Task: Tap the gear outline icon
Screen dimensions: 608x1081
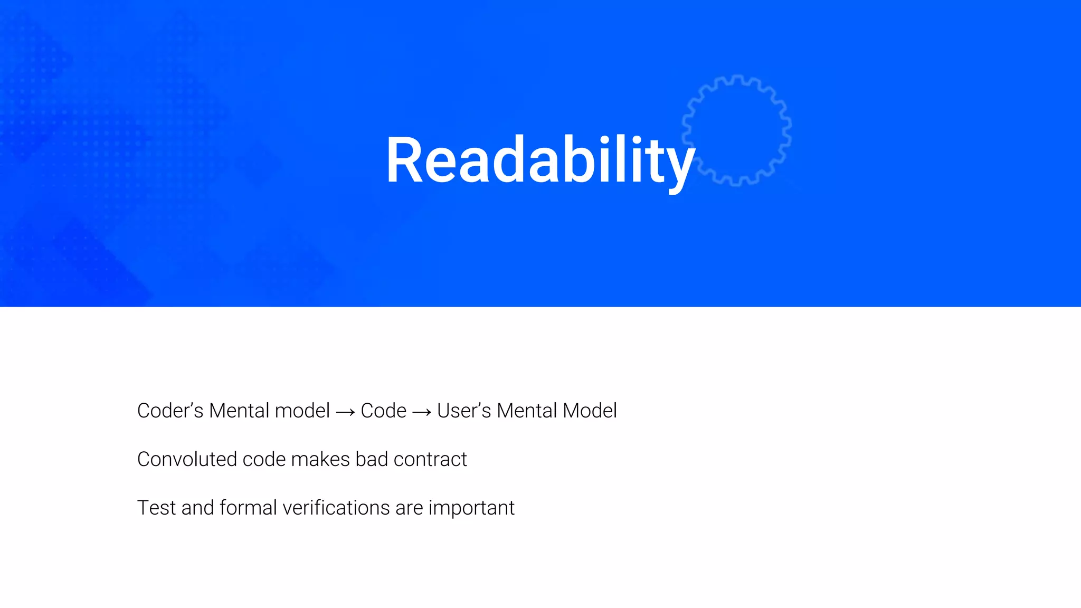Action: coord(736,130)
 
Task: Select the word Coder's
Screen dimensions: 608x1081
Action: coord(170,411)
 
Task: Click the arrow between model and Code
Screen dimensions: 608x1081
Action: coord(345,412)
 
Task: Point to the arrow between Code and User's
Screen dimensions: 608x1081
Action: coord(422,412)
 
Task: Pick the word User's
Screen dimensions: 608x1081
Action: coord(464,411)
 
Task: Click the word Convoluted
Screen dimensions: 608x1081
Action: coord(187,459)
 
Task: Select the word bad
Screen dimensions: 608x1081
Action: coord(372,459)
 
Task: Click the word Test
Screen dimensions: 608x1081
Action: coord(156,508)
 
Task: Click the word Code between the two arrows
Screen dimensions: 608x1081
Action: coord(384,411)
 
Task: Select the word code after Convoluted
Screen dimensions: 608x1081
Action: coord(264,459)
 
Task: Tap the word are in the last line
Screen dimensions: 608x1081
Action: coord(409,508)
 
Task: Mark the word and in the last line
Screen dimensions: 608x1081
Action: coord(197,508)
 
